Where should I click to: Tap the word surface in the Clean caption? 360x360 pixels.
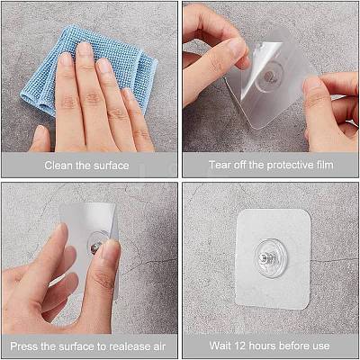click(111, 166)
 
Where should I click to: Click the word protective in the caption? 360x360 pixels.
click(289, 165)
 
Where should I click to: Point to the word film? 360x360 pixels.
click(324, 165)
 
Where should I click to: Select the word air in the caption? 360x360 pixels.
click(160, 346)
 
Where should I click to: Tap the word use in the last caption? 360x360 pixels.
click(320, 346)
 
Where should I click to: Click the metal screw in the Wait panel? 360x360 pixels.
click(267, 257)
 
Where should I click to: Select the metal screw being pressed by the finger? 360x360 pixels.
click(95, 248)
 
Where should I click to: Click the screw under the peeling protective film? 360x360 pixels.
click(268, 76)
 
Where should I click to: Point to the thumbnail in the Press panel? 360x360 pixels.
click(109, 249)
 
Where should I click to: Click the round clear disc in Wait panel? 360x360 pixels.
click(271, 258)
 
